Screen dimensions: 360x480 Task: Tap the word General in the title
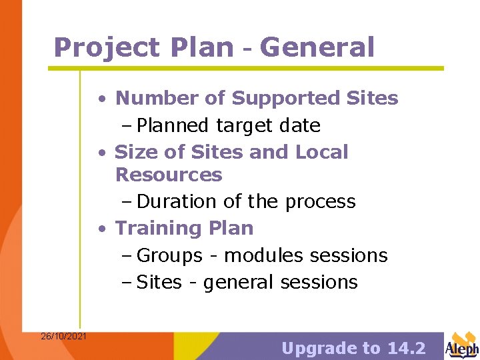pyautogui.click(x=317, y=47)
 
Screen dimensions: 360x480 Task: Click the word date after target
pyautogui.click(x=299, y=125)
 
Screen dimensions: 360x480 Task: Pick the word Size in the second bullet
pyautogui.click(x=136, y=152)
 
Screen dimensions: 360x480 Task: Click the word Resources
pyautogui.click(x=169, y=175)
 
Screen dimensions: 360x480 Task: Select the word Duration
pyautogui.click(x=175, y=201)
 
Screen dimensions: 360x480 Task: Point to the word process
pyautogui.click(x=319, y=201)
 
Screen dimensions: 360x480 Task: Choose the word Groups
pyautogui.click(x=169, y=255)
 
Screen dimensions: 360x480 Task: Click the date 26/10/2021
pyautogui.click(x=63, y=336)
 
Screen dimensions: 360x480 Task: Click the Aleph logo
pyautogui.click(x=462, y=345)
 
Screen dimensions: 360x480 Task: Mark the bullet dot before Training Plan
pyautogui.click(x=101, y=229)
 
